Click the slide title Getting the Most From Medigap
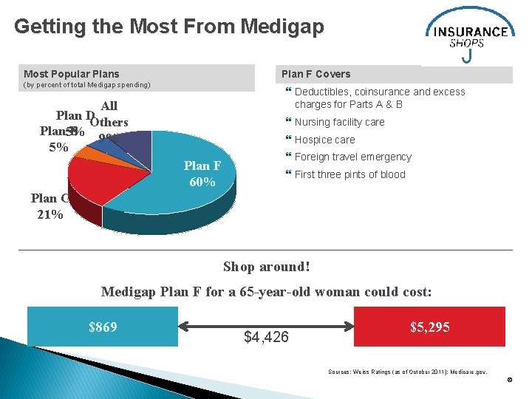click(168, 27)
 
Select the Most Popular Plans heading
click(72, 74)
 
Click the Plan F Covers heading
click(316, 74)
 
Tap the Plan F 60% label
click(200, 174)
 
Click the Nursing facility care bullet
click(339, 122)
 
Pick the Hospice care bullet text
click(324, 140)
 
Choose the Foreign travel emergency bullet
click(352, 157)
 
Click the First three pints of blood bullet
click(349, 174)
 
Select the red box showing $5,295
click(429, 327)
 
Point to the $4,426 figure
click(266, 338)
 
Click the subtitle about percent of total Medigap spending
click(87, 86)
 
